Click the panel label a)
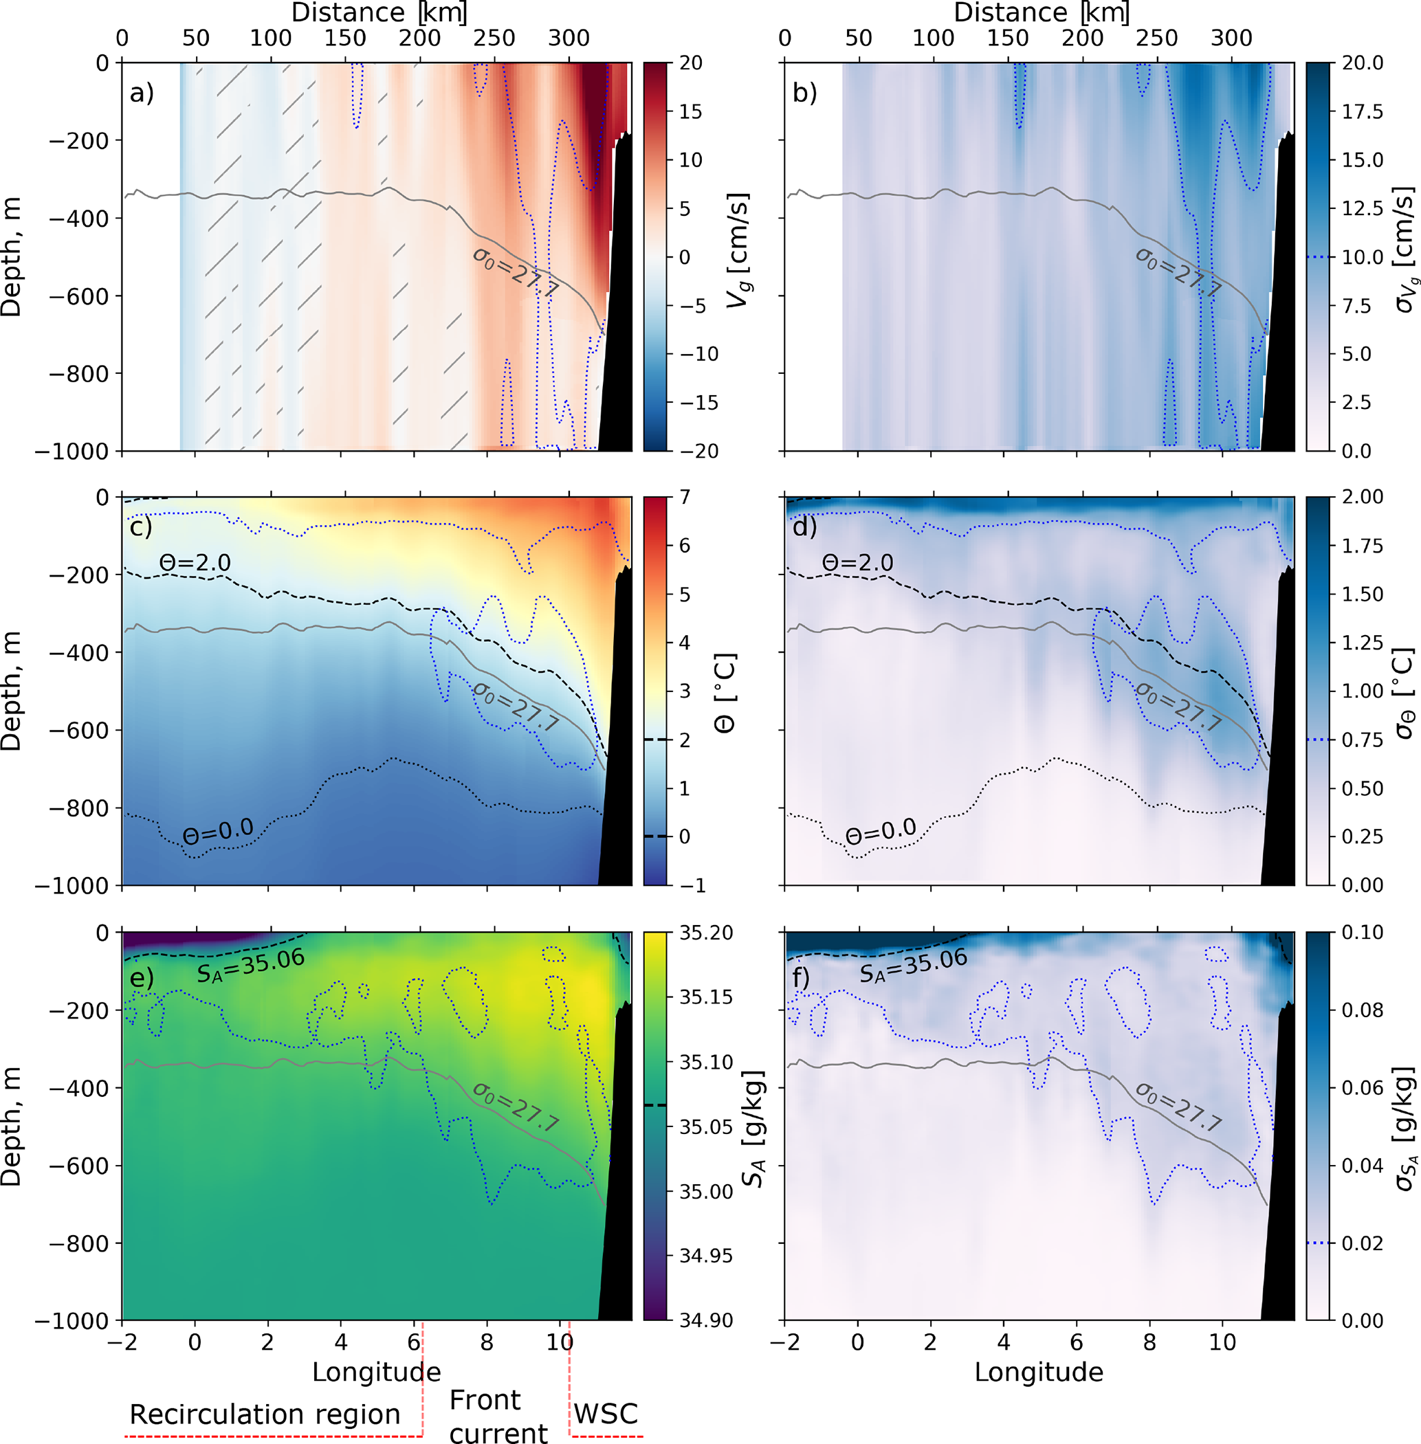click(141, 93)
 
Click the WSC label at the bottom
click(605, 1413)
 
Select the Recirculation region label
click(265, 1414)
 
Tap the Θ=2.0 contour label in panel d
click(857, 563)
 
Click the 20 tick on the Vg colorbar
click(691, 63)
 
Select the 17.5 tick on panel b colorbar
click(1363, 112)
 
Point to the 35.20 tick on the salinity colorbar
click(706, 933)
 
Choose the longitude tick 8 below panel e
click(487, 1342)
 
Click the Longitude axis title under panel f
click(1039, 1372)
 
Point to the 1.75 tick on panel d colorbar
click(1363, 546)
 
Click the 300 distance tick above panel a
click(569, 38)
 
